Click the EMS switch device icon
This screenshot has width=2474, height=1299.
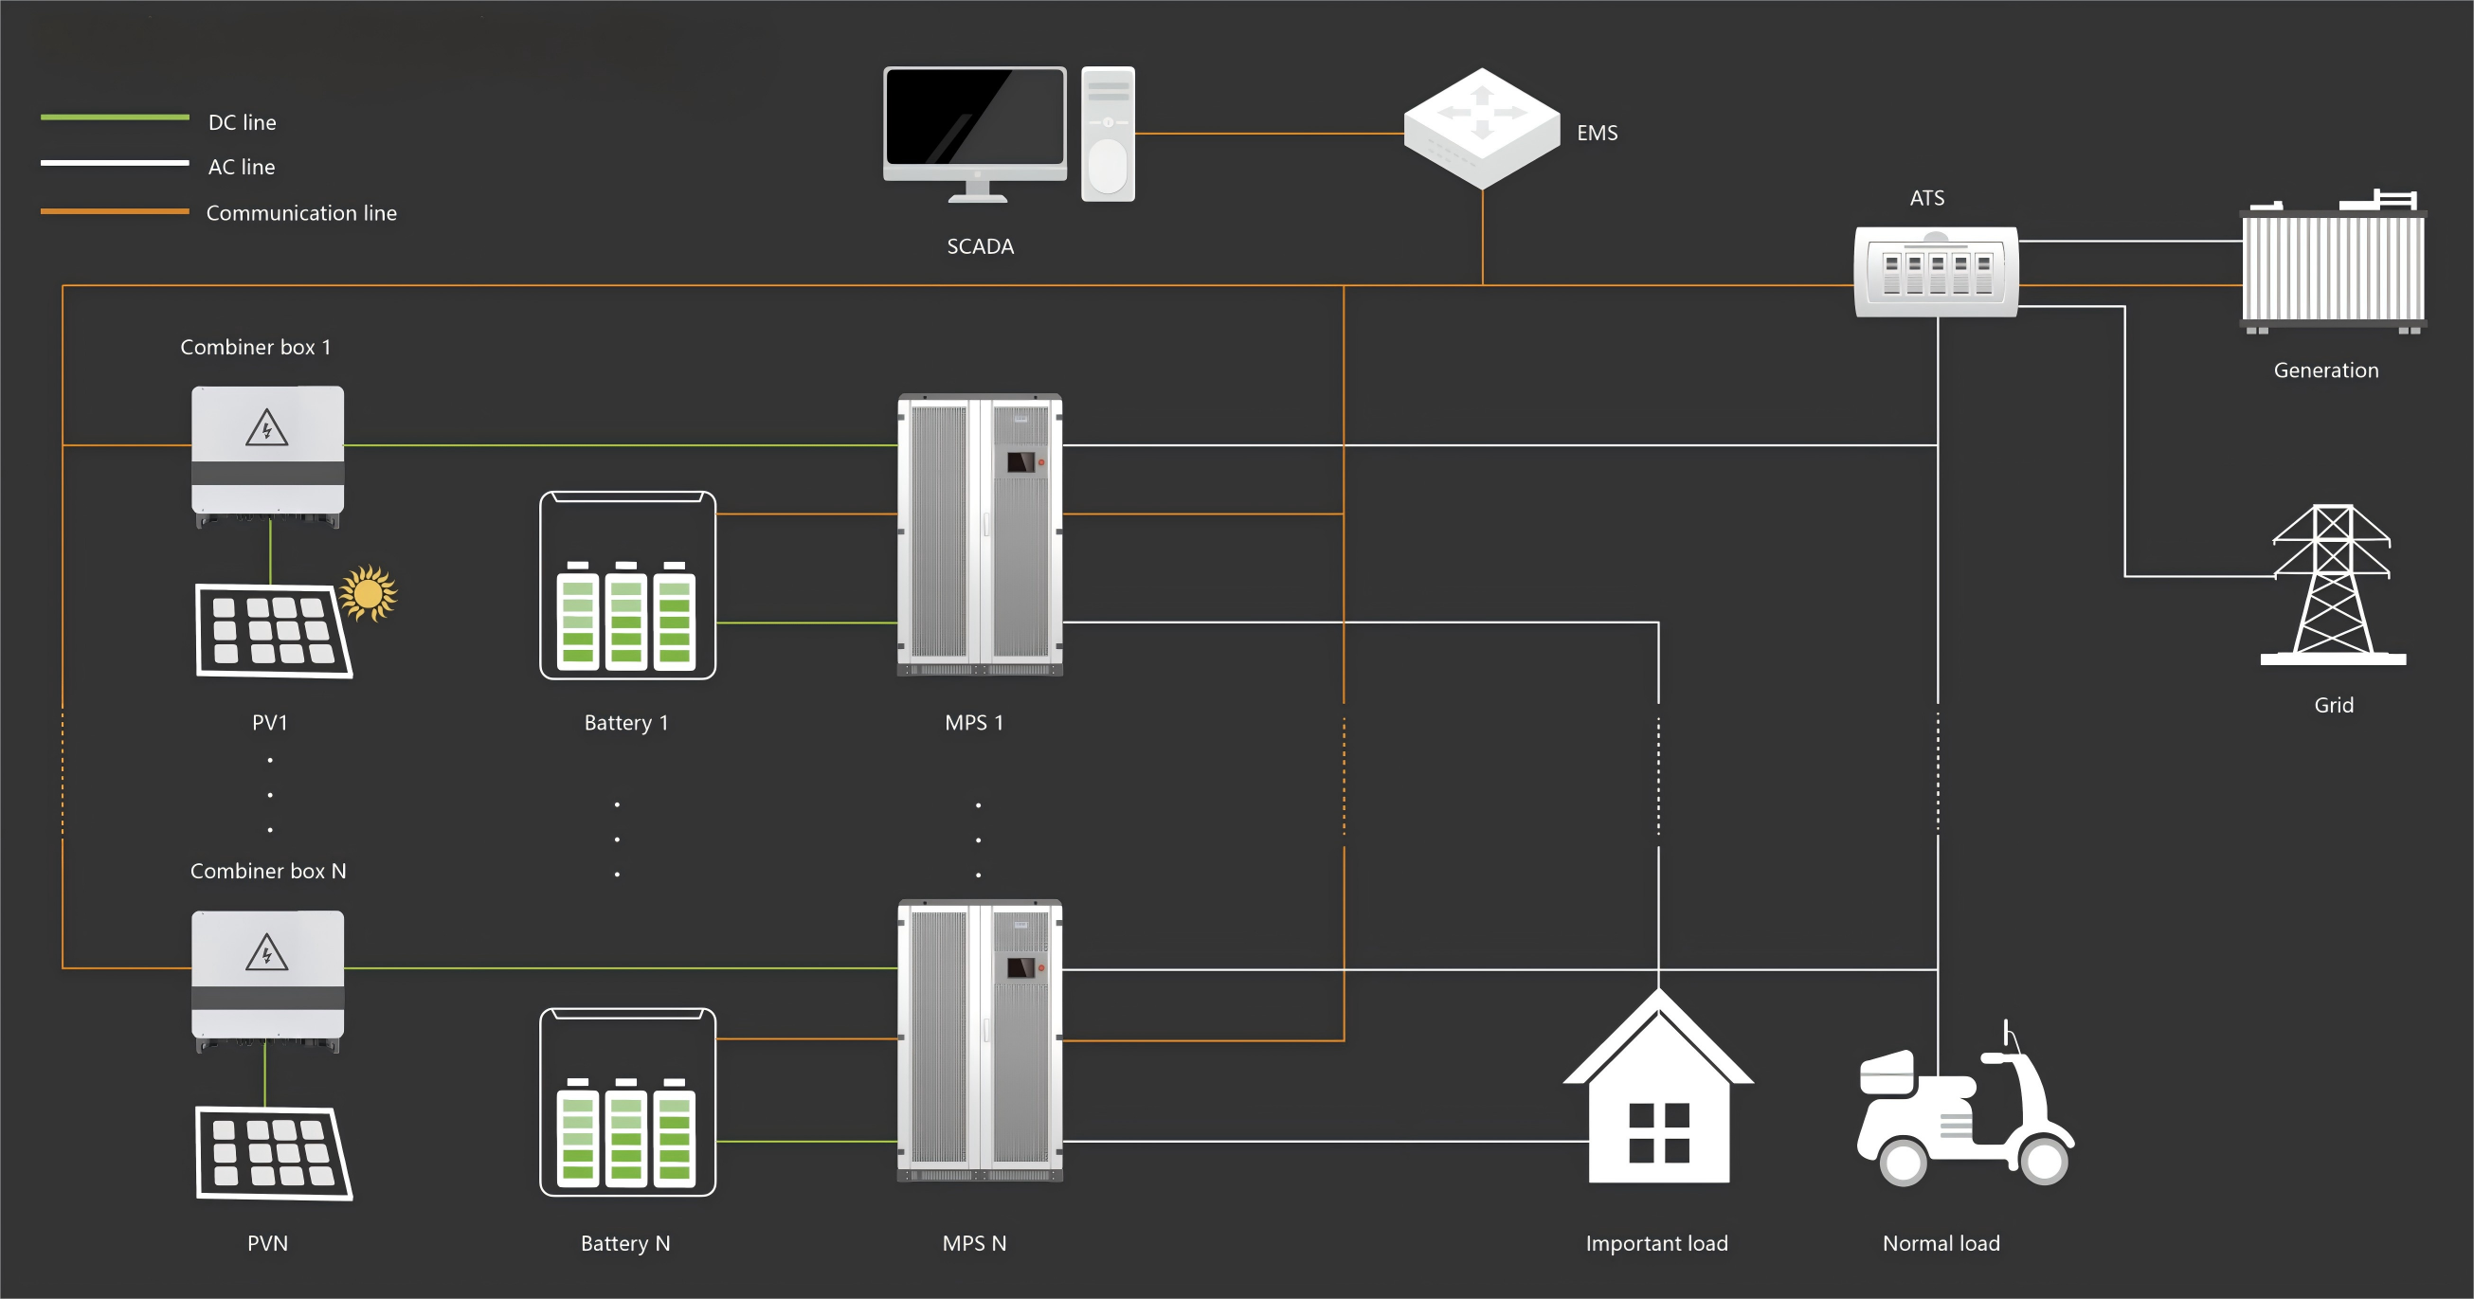pos(1481,128)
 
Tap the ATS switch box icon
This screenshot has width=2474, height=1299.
pos(1935,272)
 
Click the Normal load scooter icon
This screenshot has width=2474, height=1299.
pos(1964,1113)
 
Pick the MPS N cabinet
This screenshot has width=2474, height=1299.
pos(980,1040)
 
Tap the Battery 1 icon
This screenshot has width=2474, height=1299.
pos(627,586)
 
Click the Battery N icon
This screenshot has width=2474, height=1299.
pos(627,1102)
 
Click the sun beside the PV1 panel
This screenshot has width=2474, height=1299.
pos(368,592)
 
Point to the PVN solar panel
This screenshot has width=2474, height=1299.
pos(273,1152)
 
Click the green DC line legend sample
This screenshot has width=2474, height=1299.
pos(115,118)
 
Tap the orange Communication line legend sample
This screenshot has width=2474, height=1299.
pos(115,211)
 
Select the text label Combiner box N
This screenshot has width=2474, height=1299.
pos(268,871)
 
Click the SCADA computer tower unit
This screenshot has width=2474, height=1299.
pos(1108,134)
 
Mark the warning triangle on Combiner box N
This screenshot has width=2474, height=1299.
pos(266,954)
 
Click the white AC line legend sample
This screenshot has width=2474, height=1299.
pos(115,163)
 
